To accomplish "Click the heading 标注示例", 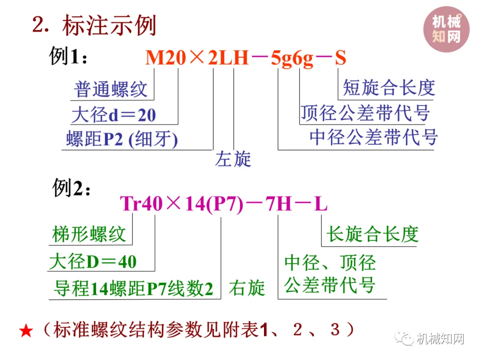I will (109, 25).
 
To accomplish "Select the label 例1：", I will (68, 57).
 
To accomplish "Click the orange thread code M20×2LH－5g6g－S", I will (246, 58).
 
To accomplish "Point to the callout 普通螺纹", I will (110, 89).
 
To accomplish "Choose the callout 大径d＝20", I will (114, 115).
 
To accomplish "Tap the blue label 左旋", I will (233, 159).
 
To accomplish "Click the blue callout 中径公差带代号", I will (373, 137).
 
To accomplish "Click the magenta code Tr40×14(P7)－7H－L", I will (224, 204).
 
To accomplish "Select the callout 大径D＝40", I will (93, 261).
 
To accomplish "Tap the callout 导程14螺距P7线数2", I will (133, 289).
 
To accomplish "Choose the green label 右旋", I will (247, 288).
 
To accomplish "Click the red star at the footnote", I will (26, 331).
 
